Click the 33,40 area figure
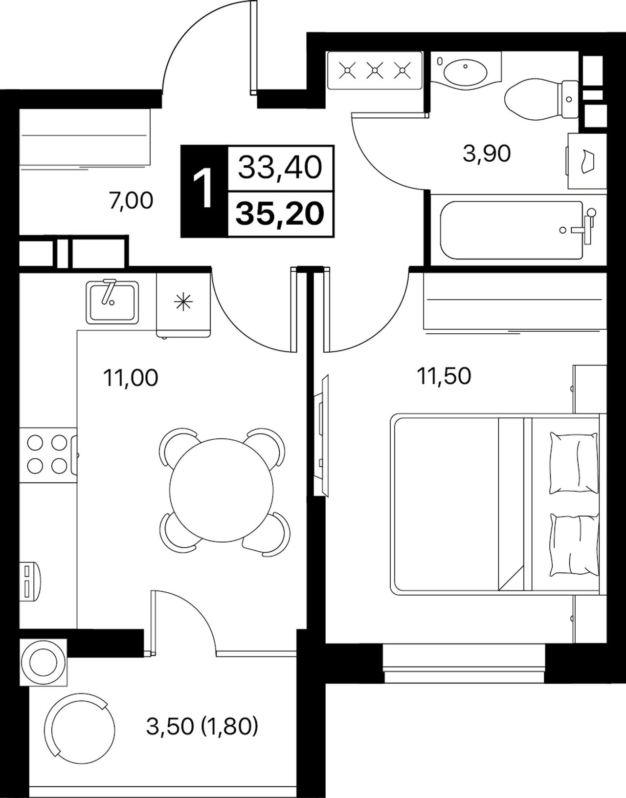click(280, 168)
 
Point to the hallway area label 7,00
click(131, 201)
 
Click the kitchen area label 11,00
click(131, 378)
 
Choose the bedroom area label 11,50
click(444, 376)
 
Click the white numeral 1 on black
click(202, 191)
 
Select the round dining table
click(222, 489)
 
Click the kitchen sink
click(112, 302)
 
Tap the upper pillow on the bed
click(574, 463)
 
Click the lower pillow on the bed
click(575, 546)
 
